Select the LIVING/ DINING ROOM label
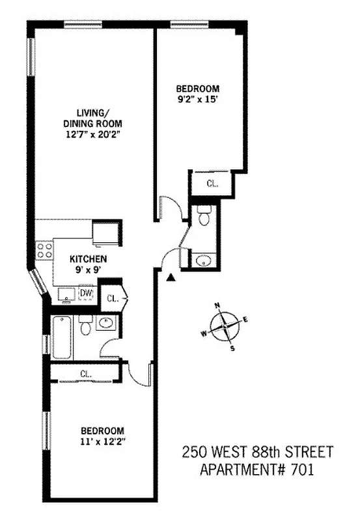pos(92,118)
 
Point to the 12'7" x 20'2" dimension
pos(93,134)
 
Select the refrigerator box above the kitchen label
pos(106,232)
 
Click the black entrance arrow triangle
pos(171,278)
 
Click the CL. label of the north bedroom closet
pos(212,184)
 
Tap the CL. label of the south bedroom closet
pos(85,373)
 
